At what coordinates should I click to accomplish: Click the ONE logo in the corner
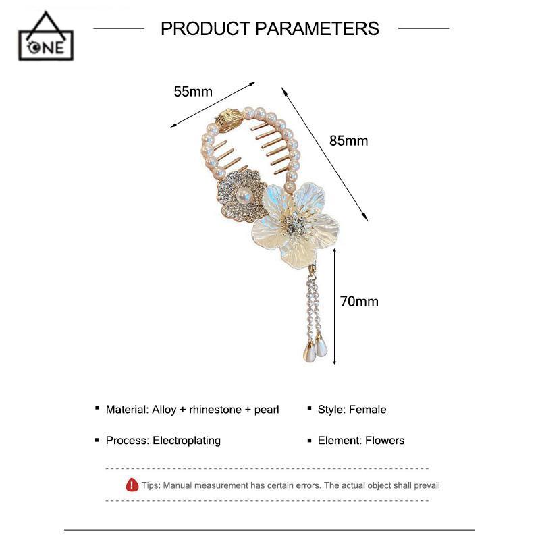click(x=47, y=37)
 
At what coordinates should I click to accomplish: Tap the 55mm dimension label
click(x=193, y=92)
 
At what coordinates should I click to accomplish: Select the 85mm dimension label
click(x=348, y=140)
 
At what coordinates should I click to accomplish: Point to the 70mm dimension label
click(x=359, y=301)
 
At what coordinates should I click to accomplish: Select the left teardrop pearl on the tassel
click(x=308, y=352)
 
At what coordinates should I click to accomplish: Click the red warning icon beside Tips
click(x=132, y=485)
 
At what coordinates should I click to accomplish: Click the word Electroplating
click(x=186, y=441)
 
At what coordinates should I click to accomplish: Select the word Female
click(x=368, y=410)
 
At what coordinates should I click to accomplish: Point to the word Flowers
click(x=385, y=441)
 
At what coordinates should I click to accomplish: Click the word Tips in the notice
click(x=151, y=485)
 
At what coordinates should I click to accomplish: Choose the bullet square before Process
click(x=97, y=440)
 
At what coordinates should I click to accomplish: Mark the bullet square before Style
click(x=309, y=409)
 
